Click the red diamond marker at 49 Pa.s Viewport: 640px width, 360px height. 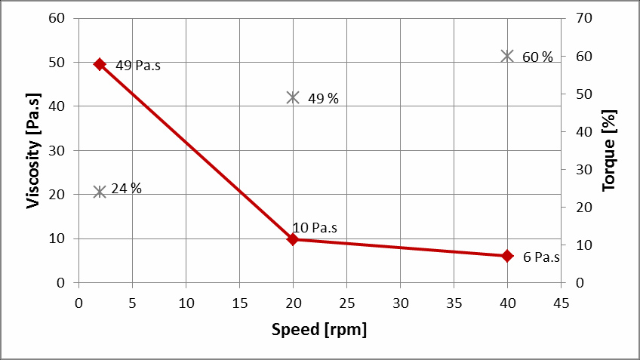click(x=99, y=64)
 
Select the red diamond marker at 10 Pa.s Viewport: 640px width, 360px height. click(x=293, y=239)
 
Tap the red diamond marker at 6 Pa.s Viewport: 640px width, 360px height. click(x=507, y=256)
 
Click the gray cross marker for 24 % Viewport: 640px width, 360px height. click(x=99, y=192)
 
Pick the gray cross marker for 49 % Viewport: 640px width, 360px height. click(x=293, y=97)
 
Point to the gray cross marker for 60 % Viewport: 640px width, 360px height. click(x=507, y=56)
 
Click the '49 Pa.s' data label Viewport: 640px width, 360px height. click(x=138, y=66)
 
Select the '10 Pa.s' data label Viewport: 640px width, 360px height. click(x=315, y=227)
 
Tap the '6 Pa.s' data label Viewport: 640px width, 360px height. click(x=541, y=257)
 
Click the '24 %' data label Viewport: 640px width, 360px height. click(x=126, y=189)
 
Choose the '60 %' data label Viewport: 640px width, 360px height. click(x=537, y=57)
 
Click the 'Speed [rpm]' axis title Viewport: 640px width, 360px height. click(x=319, y=330)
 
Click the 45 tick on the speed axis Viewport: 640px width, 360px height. click(x=561, y=302)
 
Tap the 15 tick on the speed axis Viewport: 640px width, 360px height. click(x=239, y=302)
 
